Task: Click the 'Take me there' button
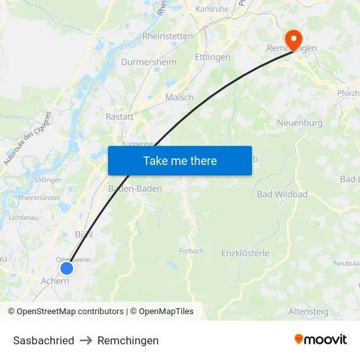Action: coord(180,160)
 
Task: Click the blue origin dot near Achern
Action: coord(67,268)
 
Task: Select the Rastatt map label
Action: coord(119,117)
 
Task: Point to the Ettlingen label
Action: coord(213,57)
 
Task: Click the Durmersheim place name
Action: coord(149,62)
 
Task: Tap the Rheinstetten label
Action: coord(168,36)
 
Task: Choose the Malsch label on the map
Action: coord(179,97)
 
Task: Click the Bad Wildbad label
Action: coord(282,194)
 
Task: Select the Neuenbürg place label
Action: coord(300,122)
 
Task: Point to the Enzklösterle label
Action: coord(245,253)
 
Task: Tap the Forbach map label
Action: coord(191,251)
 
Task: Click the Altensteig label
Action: coord(308,312)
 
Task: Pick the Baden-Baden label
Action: coord(135,189)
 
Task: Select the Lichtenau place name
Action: coord(24,217)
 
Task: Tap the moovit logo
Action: coord(321,340)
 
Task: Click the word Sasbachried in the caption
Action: coord(43,340)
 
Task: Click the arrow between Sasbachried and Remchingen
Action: coord(86,340)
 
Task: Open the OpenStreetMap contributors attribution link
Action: coord(65,312)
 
